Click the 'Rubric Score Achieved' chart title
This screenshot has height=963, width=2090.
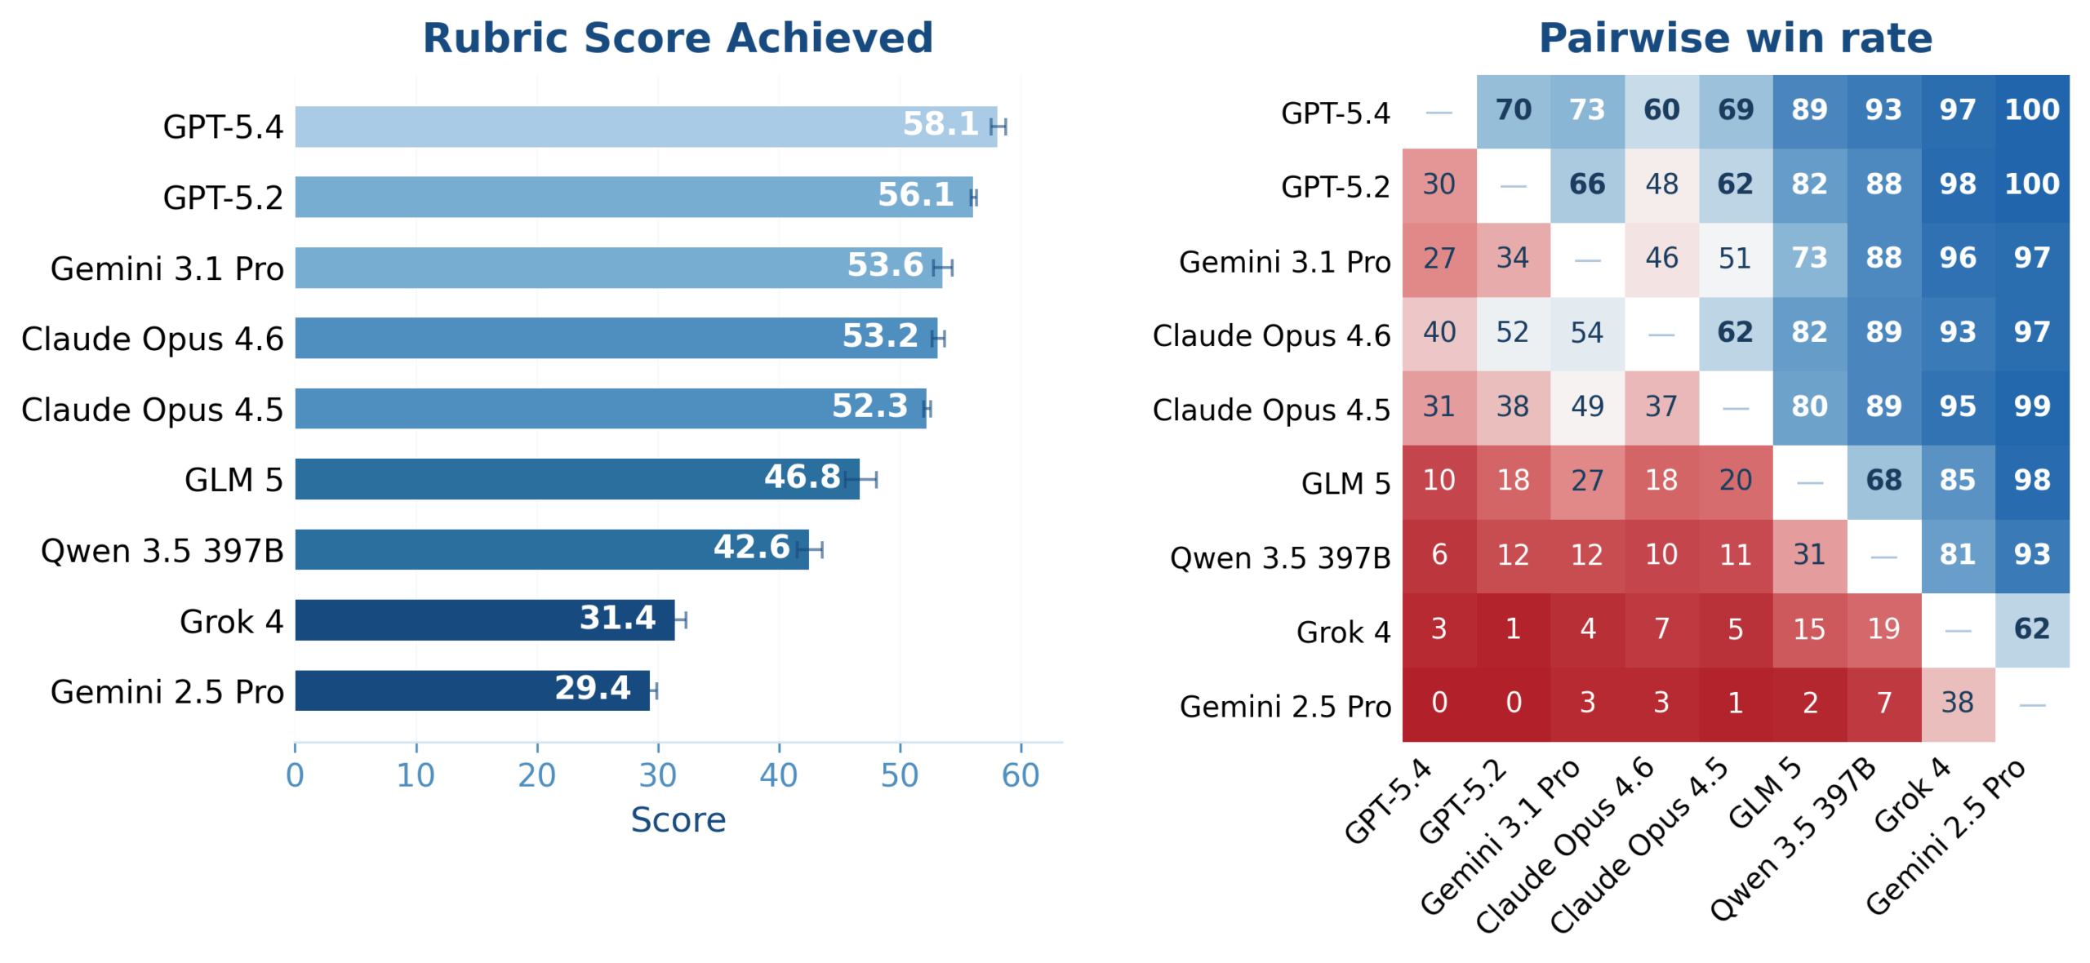pyautogui.click(x=677, y=38)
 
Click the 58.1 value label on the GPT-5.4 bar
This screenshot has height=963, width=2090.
pyautogui.click(x=940, y=124)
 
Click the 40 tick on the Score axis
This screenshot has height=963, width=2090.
pyautogui.click(x=778, y=774)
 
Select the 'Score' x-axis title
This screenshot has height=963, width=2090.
pyautogui.click(x=678, y=819)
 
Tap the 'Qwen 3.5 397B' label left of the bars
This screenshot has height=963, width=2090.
pyautogui.click(x=162, y=551)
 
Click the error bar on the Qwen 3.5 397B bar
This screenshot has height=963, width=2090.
pyautogui.click(x=810, y=549)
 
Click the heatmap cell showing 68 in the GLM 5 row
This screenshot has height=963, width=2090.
pyautogui.click(x=1883, y=481)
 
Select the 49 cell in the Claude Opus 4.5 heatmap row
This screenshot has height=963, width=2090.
pyautogui.click(x=1586, y=406)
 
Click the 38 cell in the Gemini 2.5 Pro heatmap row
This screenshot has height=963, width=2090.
pyautogui.click(x=1957, y=703)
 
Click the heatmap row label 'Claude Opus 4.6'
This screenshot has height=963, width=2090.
pyautogui.click(x=1270, y=335)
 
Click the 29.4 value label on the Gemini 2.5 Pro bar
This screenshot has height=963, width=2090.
pyautogui.click(x=592, y=688)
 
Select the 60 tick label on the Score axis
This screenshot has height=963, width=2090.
pyautogui.click(x=1020, y=774)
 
